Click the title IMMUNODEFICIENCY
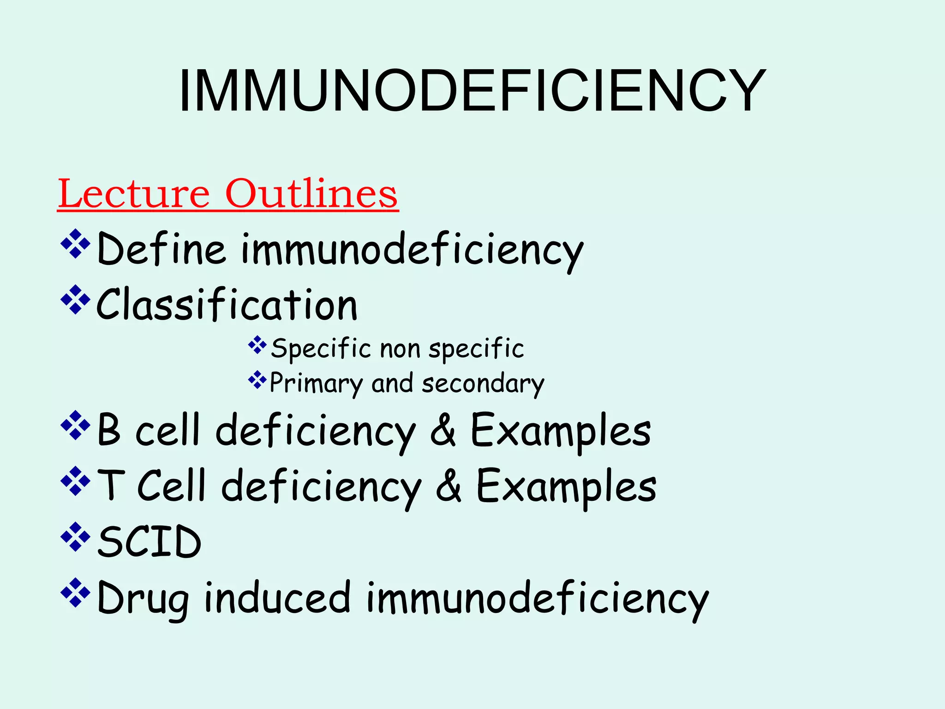(472, 91)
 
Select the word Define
(161, 250)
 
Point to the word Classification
(227, 305)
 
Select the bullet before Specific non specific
(257, 345)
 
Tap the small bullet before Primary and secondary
(257, 380)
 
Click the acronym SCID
(149, 541)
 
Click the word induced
(277, 597)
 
